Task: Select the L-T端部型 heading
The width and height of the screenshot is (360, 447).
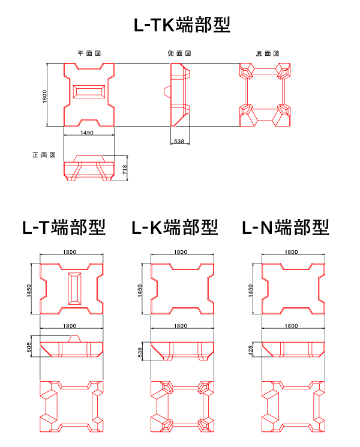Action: (64, 227)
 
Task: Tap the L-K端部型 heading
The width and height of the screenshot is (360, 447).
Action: (175, 227)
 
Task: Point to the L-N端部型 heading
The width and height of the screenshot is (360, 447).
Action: (286, 227)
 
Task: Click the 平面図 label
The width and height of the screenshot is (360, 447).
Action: (89, 53)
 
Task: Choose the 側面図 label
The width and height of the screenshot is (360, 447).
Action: (179, 53)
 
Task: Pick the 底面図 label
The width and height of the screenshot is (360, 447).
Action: (268, 53)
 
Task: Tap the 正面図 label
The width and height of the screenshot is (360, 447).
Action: (44, 155)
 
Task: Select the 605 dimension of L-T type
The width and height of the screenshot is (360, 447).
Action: (29, 347)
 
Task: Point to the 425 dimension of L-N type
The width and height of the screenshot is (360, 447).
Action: (251, 349)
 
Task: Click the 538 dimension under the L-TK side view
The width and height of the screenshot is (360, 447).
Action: (178, 141)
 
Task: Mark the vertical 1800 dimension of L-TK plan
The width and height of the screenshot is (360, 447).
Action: (44, 95)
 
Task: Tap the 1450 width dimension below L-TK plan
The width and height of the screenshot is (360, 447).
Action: (86, 133)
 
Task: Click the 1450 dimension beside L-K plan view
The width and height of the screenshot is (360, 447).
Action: (140, 290)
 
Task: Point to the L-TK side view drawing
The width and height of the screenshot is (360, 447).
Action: (178, 95)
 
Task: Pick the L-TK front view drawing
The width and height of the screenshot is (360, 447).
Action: (89, 169)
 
